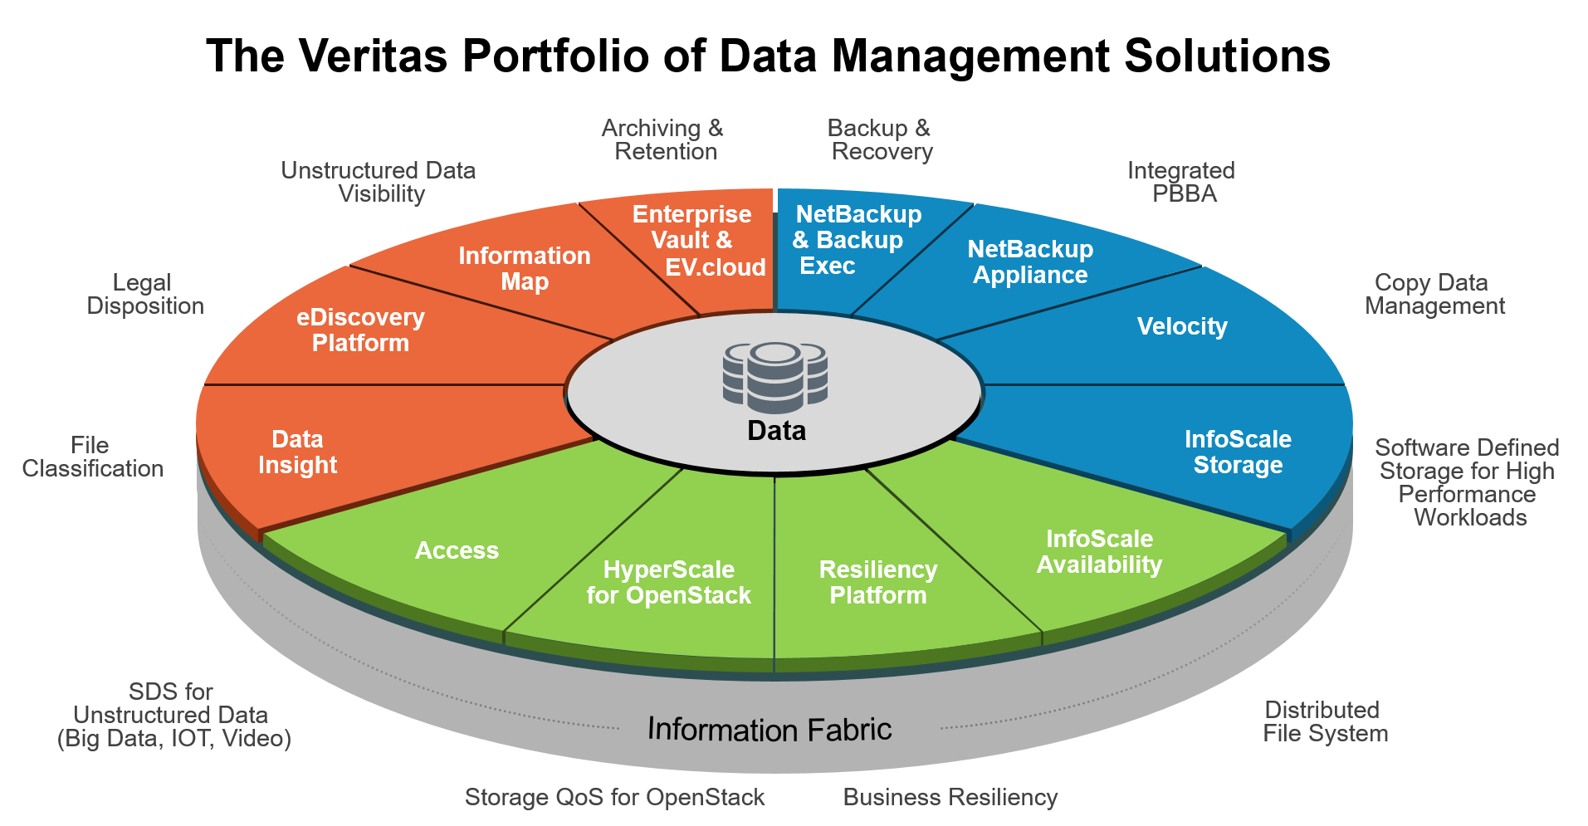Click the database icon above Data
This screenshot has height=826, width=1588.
[775, 378]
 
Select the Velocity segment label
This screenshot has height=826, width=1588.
[1182, 326]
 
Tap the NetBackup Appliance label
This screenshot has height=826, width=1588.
[1030, 262]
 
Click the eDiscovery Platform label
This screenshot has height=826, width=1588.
[360, 330]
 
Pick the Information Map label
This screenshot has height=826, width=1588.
[525, 269]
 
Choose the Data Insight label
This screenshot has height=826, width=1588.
[297, 452]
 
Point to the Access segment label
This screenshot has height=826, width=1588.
[457, 550]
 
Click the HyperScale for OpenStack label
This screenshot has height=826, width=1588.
[668, 583]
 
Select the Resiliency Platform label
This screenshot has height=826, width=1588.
[878, 583]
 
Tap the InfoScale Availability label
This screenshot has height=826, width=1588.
[1099, 552]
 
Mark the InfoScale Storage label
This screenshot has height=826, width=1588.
[1238, 452]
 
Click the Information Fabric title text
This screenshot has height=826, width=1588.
[770, 730]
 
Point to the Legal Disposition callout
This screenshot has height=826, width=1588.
[145, 295]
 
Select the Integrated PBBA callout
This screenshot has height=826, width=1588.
[1181, 183]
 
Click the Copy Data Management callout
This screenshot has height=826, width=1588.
[1434, 295]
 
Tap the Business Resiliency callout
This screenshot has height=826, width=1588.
[950, 798]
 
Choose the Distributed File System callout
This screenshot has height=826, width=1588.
[1325, 722]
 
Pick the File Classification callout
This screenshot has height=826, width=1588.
[92, 457]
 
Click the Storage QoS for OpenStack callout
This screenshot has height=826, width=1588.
[614, 798]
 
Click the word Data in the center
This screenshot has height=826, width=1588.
[776, 431]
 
